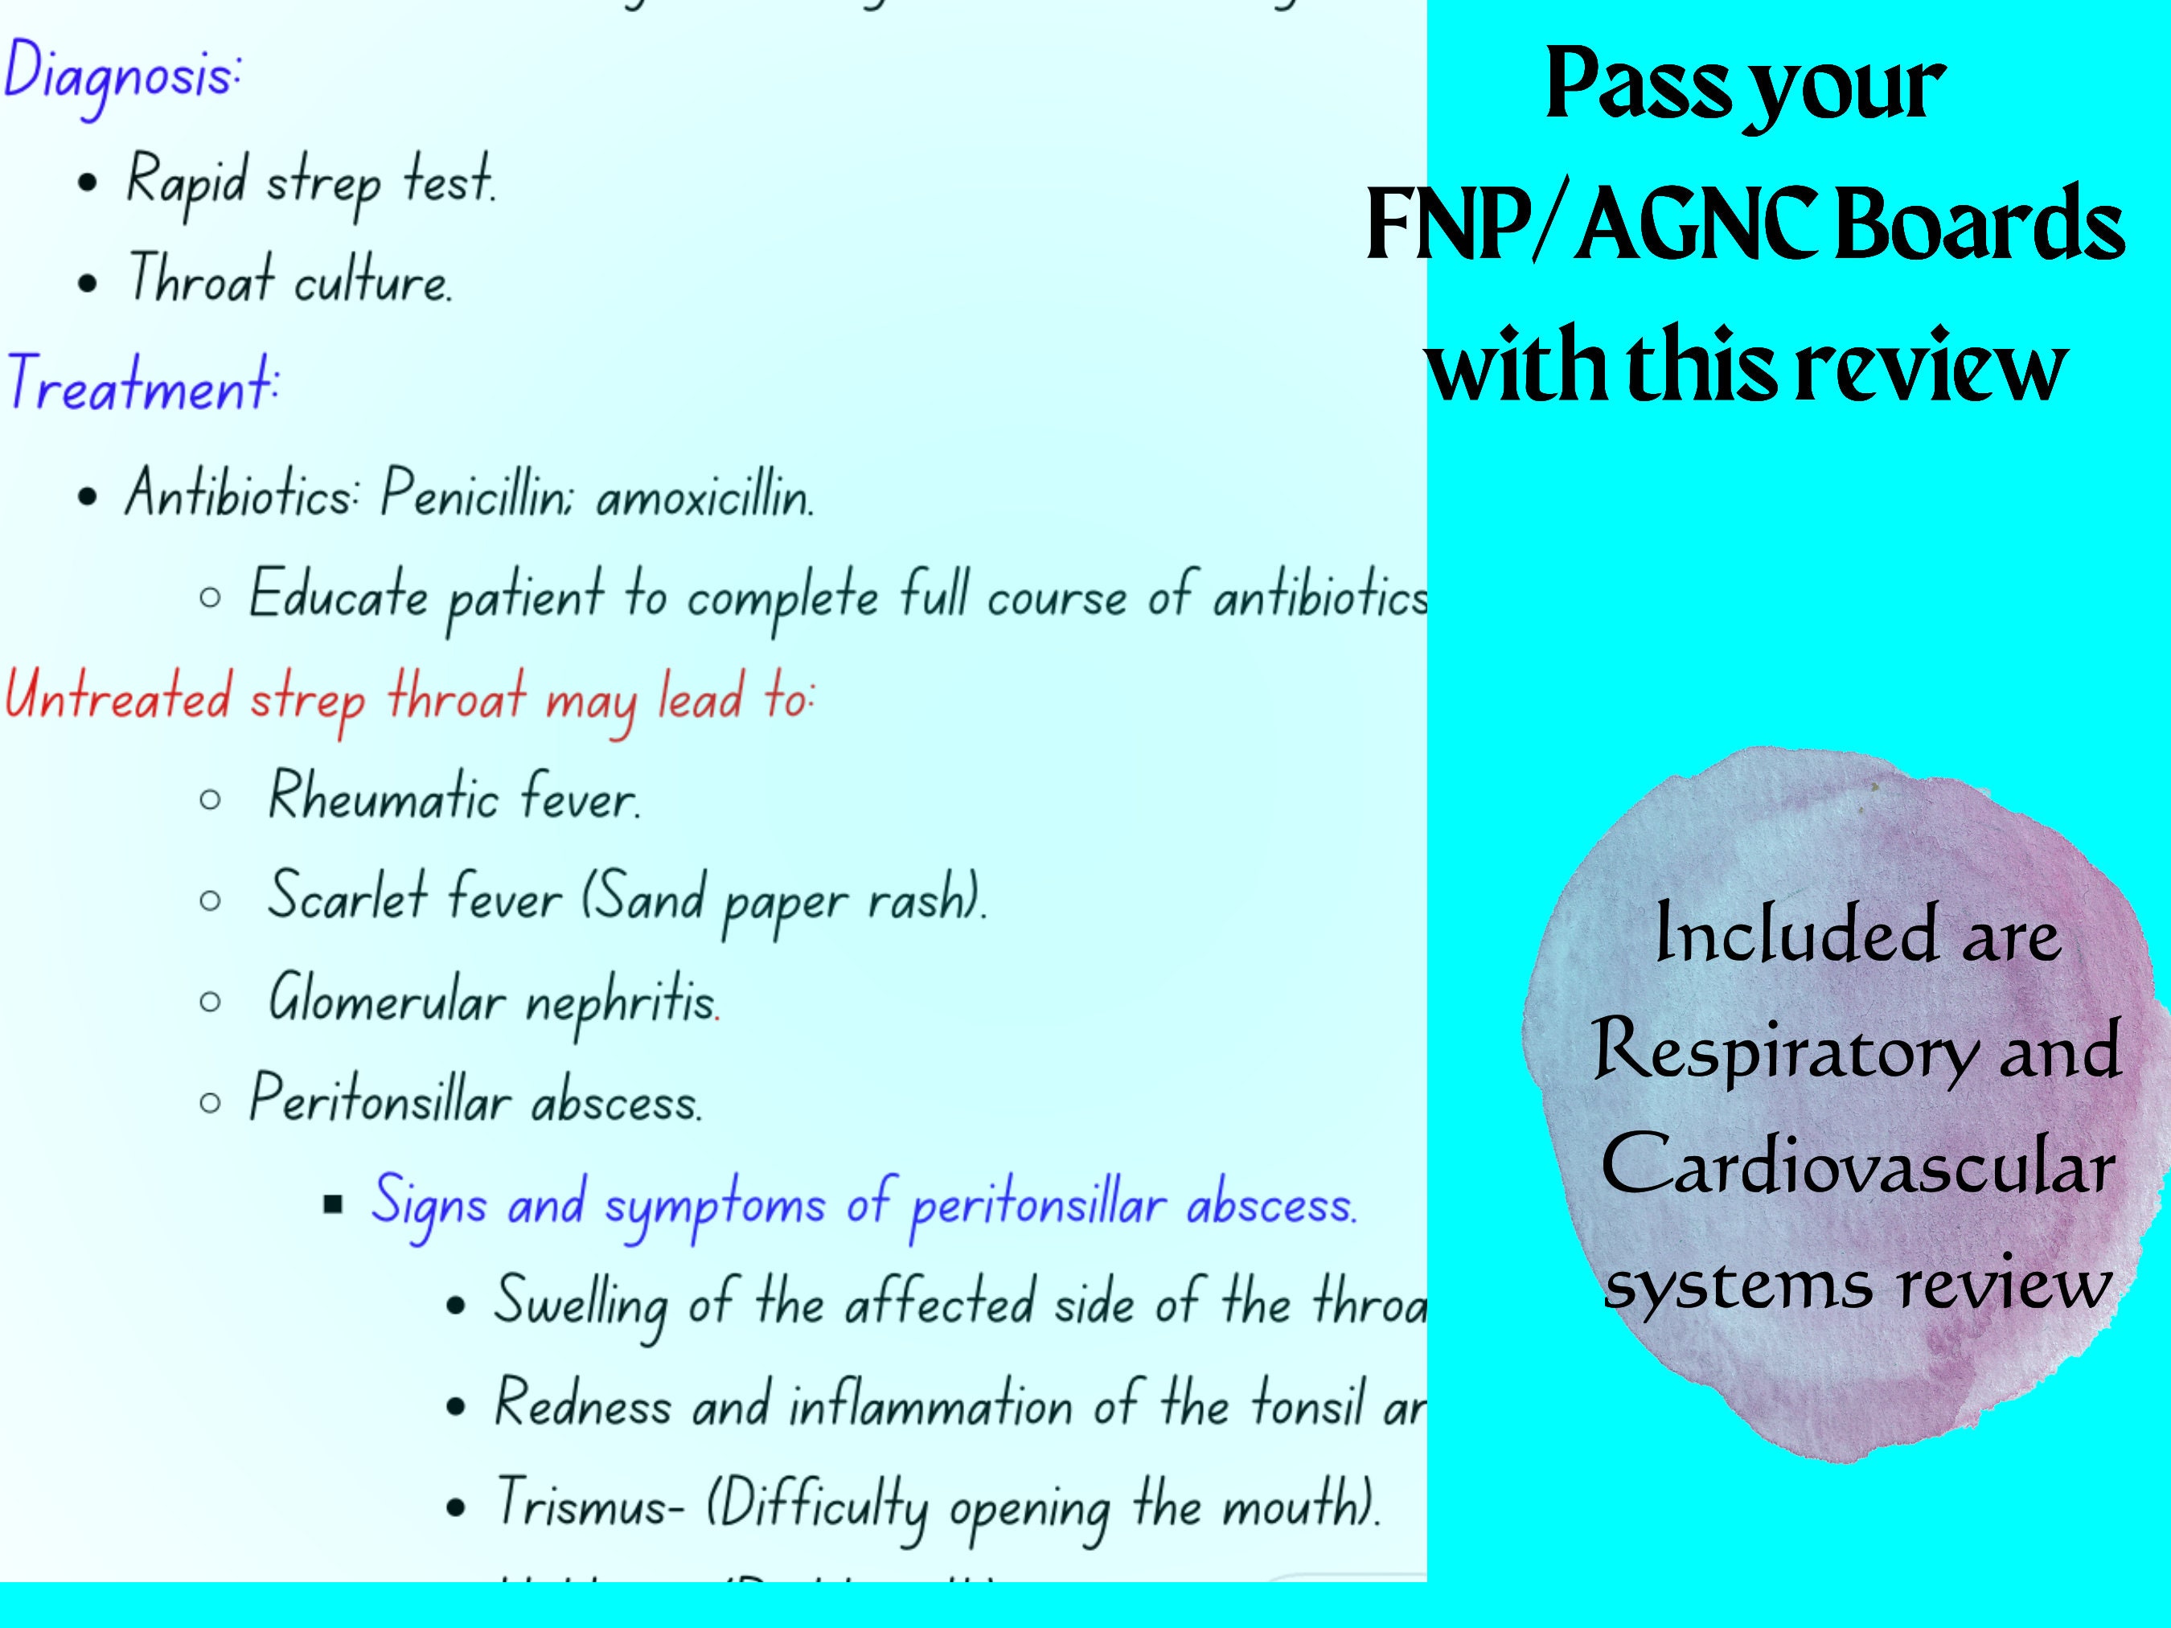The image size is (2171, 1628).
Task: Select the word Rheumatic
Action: coord(383,797)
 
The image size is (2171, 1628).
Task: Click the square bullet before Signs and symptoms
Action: coord(334,1205)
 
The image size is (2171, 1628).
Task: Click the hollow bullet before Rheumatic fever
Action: coord(209,800)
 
